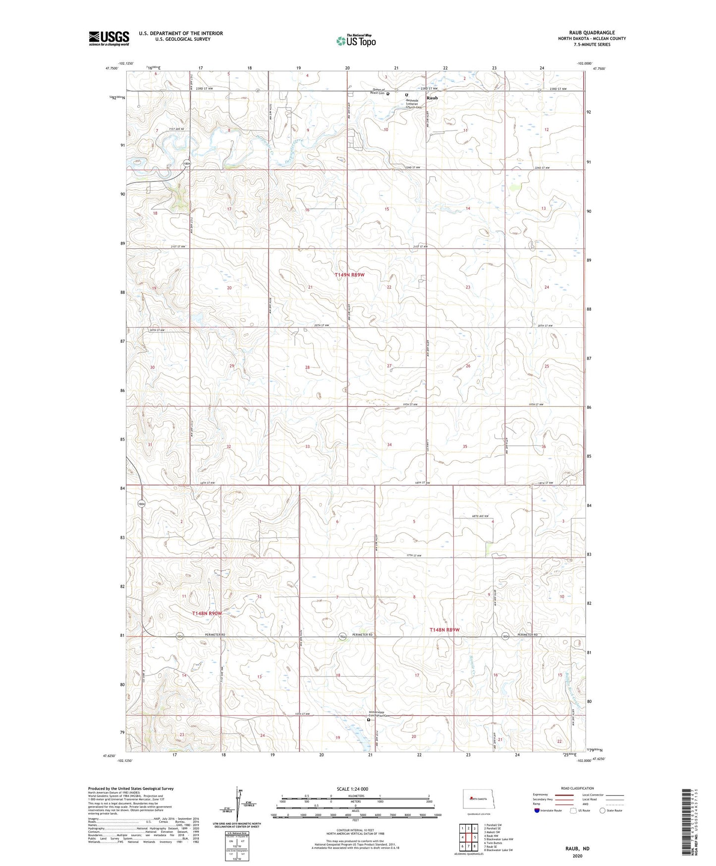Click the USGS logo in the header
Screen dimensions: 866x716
109,38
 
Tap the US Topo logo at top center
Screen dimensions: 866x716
355,41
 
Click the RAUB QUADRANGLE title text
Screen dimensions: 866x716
592,33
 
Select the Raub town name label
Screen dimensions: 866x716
432,98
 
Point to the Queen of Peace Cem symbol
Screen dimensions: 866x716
388,93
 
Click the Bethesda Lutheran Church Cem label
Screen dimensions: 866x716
413,104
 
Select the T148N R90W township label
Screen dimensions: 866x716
207,614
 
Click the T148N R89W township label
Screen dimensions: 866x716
444,630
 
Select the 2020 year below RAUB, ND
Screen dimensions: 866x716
577,856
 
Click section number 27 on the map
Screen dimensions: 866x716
389,366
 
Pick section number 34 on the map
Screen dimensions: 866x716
389,445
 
